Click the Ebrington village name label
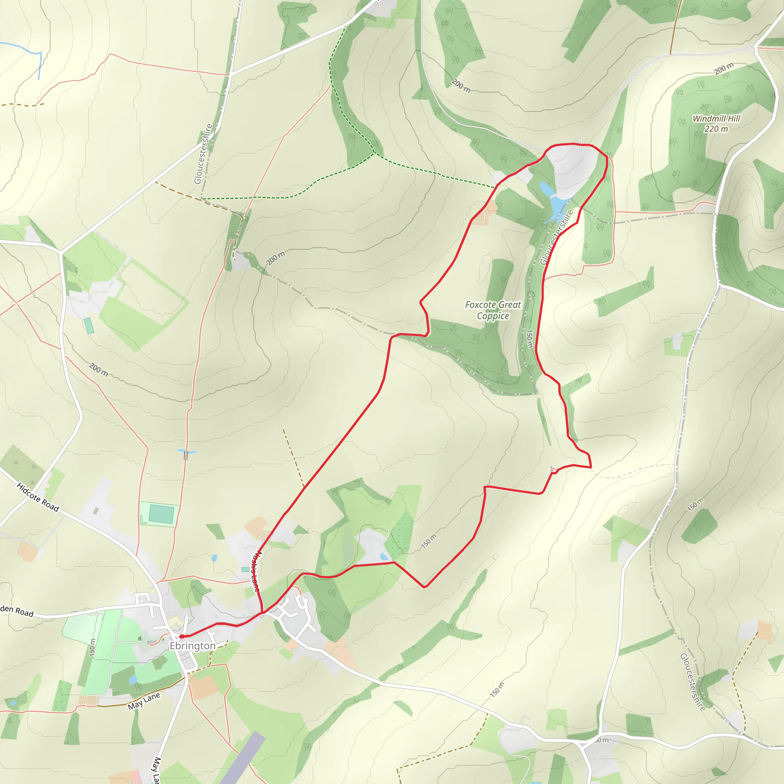click(x=192, y=646)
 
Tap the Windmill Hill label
click(x=716, y=119)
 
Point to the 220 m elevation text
click(x=716, y=129)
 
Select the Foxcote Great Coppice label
click(x=493, y=310)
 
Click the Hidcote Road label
click(x=38, y=497)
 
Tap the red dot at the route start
click(x=182, y=636)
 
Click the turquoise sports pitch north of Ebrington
click(x=161, y=514)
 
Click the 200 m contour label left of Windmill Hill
click(x=461, y=86)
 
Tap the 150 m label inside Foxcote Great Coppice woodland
click(x=529, y=338)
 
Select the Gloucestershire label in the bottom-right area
click(x=693, y=682)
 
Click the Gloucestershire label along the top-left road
click(x=203, y=154)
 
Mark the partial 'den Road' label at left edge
click(x=17, y=611)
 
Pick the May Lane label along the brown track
click(x=144, y=701)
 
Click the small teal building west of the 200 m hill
click(x=88, y=326)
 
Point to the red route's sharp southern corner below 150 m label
click(x=424, y=587)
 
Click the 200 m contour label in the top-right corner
click(x=724, y=69)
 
